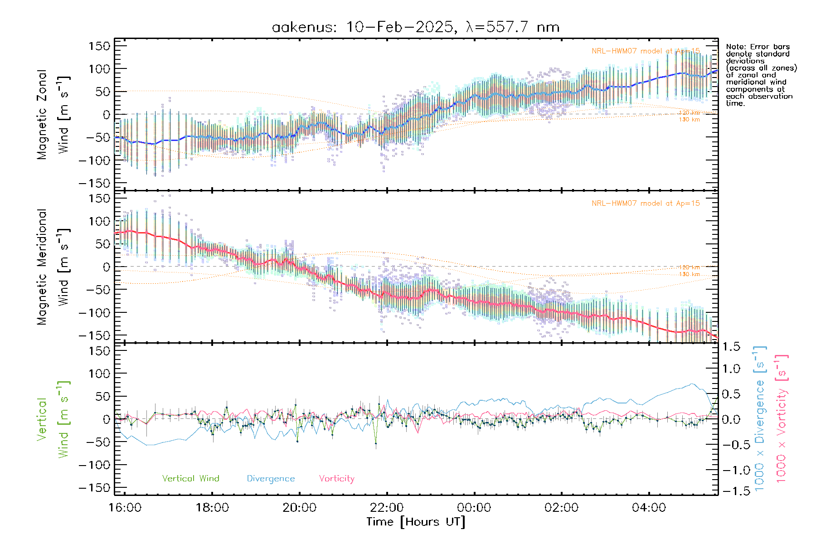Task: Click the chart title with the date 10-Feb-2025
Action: (x=415, y=27)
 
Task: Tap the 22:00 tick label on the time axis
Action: (x=387, y=507)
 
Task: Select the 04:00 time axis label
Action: (x=649, y=507)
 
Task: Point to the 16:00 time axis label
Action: (x=125, y=507)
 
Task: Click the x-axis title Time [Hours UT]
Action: (x=416, y=522)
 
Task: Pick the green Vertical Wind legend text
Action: (x=190, y=478)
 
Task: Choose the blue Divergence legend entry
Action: (x=271, y=478)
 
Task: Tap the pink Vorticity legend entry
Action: (x=336, y=478)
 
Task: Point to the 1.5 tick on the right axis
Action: (x=731, y=347)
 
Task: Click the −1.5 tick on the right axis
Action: (x=731, y=491)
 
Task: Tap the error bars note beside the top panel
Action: (x=761, y=75)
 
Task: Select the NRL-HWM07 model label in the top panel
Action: (x=646, y=51)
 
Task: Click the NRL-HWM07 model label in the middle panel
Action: (x=646, y=203)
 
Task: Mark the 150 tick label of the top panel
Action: (x=99, y=46)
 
